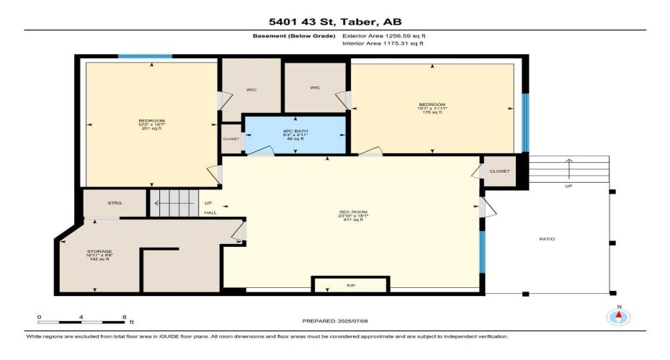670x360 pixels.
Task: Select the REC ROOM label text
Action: pos(354,215)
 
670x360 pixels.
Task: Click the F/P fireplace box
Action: pos(350,285)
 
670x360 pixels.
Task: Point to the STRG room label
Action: pos(115,203)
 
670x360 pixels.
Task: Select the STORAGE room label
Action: pos(99,255)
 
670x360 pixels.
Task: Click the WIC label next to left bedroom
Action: pos(251,90)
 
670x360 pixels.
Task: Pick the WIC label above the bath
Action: pos(315,88)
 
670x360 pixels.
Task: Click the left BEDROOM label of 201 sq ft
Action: pos(152,124)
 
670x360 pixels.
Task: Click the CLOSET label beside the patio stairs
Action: pos(499,171)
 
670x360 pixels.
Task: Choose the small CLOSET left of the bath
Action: pos(231,139)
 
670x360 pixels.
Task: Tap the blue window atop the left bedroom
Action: pos(145,55)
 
